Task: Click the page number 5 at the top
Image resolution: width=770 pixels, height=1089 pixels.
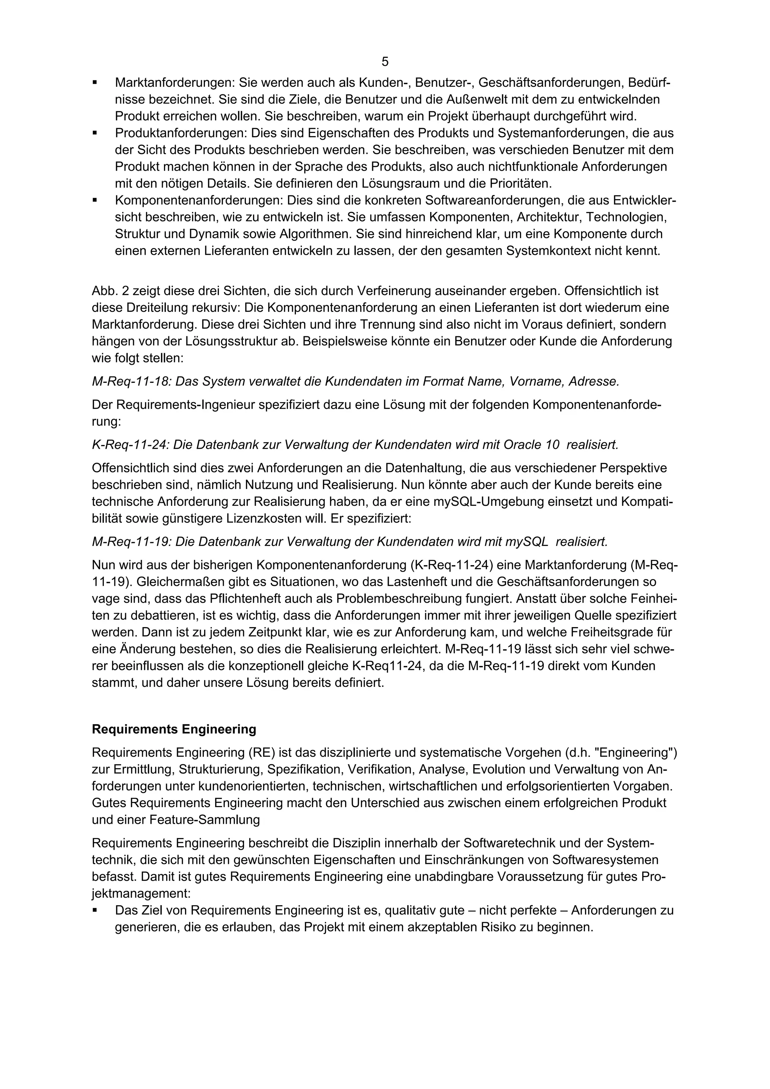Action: [385, 62]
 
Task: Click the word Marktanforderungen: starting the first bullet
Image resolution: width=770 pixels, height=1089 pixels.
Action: [175, 83]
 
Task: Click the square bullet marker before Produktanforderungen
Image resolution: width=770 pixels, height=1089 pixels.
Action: [95, 133]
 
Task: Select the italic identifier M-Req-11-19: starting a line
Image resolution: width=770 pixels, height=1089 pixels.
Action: [132, 541]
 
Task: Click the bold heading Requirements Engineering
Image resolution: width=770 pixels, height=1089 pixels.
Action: [174, 729]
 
